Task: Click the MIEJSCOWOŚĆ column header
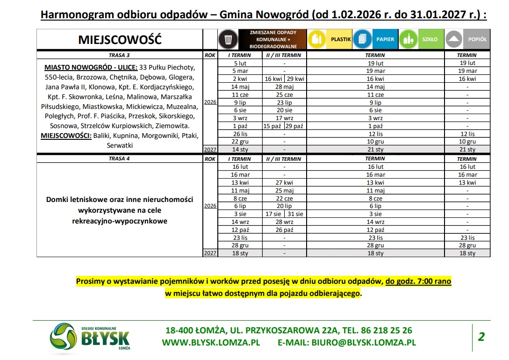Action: click(120, 40)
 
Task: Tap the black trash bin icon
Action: click(229, 39)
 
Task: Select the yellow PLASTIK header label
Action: click(341, 39)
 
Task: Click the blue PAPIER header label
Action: click(386, 39)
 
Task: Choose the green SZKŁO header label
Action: click(430, 39)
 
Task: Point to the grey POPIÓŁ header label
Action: click(477, 39)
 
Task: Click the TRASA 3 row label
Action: click(120, 55)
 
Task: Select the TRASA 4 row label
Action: click(120, 159)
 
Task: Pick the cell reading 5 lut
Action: click(240, 63)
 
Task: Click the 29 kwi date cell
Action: click(295, 79)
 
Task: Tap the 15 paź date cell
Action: click(273, 126)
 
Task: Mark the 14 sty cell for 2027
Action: click(240, 150)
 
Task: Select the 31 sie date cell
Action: click(295, 214)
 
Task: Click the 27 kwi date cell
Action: click(284, 182)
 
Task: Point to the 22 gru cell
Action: click(240, 142)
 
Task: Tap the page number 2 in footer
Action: click(481, 336)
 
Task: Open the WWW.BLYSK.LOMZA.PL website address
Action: click(211, 342)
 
